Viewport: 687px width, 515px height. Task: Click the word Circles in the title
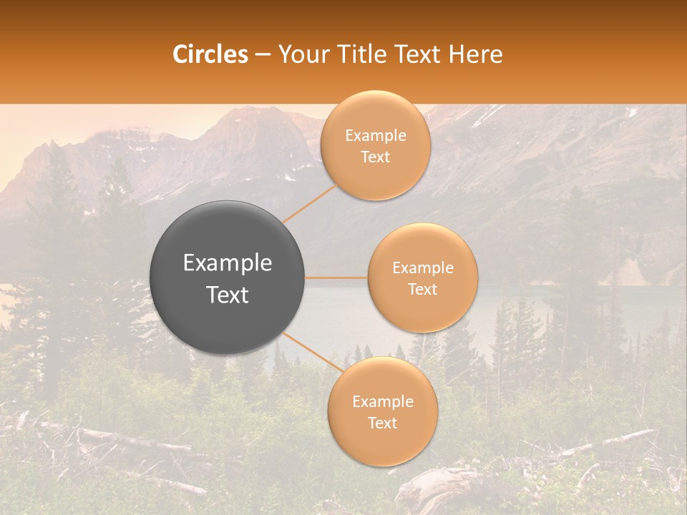(x=210, y=54)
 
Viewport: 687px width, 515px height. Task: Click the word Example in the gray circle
(x=228, y=263)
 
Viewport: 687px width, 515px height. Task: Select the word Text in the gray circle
(x=228, y=295)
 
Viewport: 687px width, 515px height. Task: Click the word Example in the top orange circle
(x=376, y=136)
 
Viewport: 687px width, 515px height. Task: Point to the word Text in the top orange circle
(x=375, y=157)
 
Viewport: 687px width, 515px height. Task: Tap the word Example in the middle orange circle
(x=423, y=268)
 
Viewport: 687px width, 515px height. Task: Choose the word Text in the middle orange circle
(x=423, y=290)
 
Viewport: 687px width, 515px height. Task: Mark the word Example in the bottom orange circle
(x=383, y=402)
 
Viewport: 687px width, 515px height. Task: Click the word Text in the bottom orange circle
(x=382, y=423)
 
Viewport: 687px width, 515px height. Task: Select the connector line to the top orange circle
(x=309, y=203)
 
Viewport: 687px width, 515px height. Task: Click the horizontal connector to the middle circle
(x=336, y=278)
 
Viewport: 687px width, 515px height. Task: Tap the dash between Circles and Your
(x=263, y=55)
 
